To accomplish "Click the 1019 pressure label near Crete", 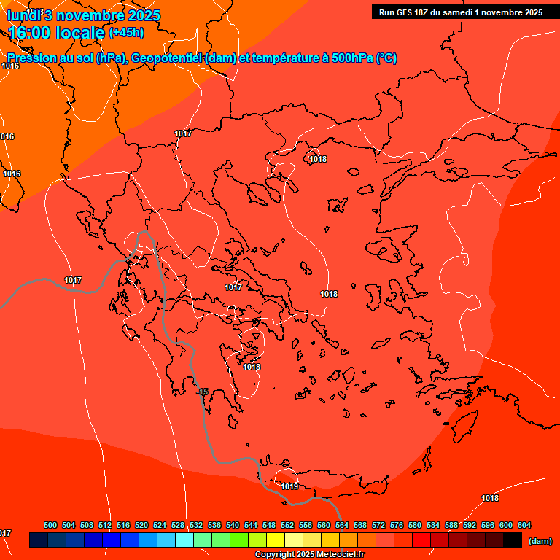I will tap(289, 486).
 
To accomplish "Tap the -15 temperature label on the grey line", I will tap(203, 392).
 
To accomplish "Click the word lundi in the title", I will tap(24, 15).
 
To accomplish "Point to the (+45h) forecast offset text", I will tap(126, 33).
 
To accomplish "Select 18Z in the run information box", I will tap(424, 12).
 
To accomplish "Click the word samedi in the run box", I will tap(461, 12).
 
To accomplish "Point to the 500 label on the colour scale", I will tap(50, 525).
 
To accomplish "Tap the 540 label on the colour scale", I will tap(233, 525).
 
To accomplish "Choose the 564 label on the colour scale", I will tap(342, 525).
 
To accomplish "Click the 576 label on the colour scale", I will tap(397, 525).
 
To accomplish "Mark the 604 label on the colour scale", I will tap(524, 525).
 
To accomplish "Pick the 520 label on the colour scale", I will tap(141, 525).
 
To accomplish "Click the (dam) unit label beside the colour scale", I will tap(540, 541).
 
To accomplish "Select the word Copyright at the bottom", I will tap(273, 555).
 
